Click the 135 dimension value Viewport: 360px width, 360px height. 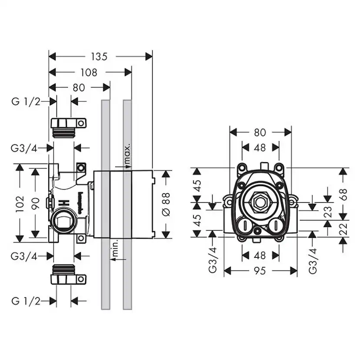click(x=100, y=56)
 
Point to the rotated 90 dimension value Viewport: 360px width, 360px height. click(x=36, y=203)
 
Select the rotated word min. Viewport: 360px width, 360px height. click(x=115, y=249)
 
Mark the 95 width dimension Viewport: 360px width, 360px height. click(x=260, y=271)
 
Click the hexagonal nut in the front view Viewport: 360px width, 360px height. click(x=260, y=202)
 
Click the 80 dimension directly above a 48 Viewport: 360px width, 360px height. click(x=260, y=132)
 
